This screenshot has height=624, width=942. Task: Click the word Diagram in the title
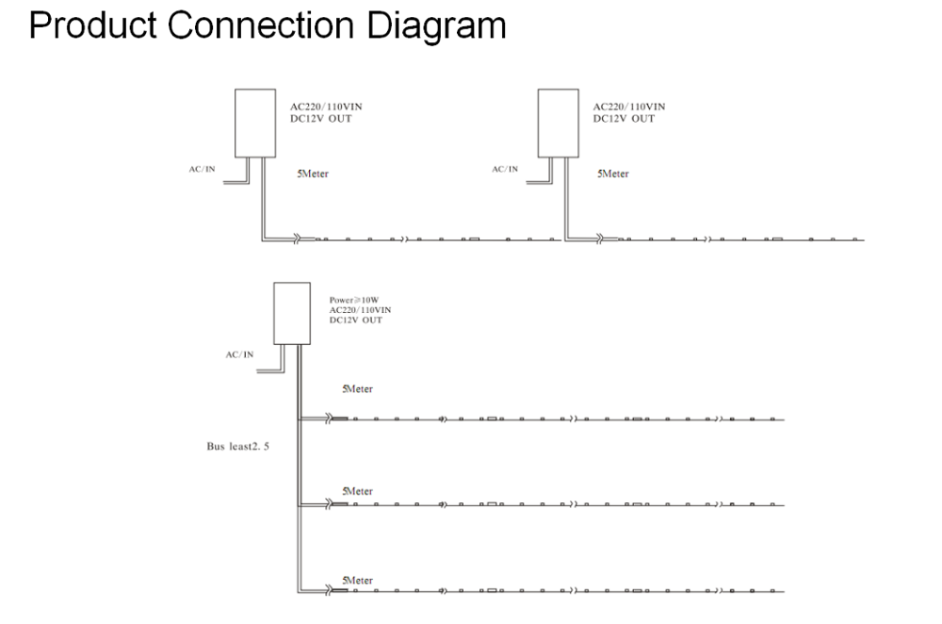click(x=436, y=25)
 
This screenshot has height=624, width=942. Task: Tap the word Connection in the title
click(x=261, y=25)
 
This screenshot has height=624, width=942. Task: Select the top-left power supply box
click(x=255, y=123)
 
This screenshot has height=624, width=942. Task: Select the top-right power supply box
click(x=558, y=123)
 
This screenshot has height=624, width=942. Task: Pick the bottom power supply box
click(x=292, y=313)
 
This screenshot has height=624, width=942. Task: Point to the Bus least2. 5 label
click(x=238, y=446)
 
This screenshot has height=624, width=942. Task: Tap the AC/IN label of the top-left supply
click(x=202, y=169)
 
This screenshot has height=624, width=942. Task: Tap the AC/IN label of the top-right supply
click(x=505, y=169)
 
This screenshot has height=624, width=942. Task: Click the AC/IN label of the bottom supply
click(x=239, y=354)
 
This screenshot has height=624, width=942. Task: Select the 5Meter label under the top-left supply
click(x=313, y=173)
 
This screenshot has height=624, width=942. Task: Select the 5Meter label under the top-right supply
click(x=613, y=173)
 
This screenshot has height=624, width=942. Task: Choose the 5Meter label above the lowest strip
click(x=357, y=580)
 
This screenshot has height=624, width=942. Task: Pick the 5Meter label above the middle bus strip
click(x=357, y=491)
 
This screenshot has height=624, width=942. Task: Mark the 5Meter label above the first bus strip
click(x=357, y=389)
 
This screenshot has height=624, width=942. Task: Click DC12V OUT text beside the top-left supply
click(x=321, y=119)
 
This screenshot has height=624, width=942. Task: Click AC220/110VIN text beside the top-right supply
click(x=629, y=107)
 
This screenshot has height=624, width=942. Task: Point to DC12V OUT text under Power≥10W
click(x=356, y=320)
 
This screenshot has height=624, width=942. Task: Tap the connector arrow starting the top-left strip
click(x=297, y=239)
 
